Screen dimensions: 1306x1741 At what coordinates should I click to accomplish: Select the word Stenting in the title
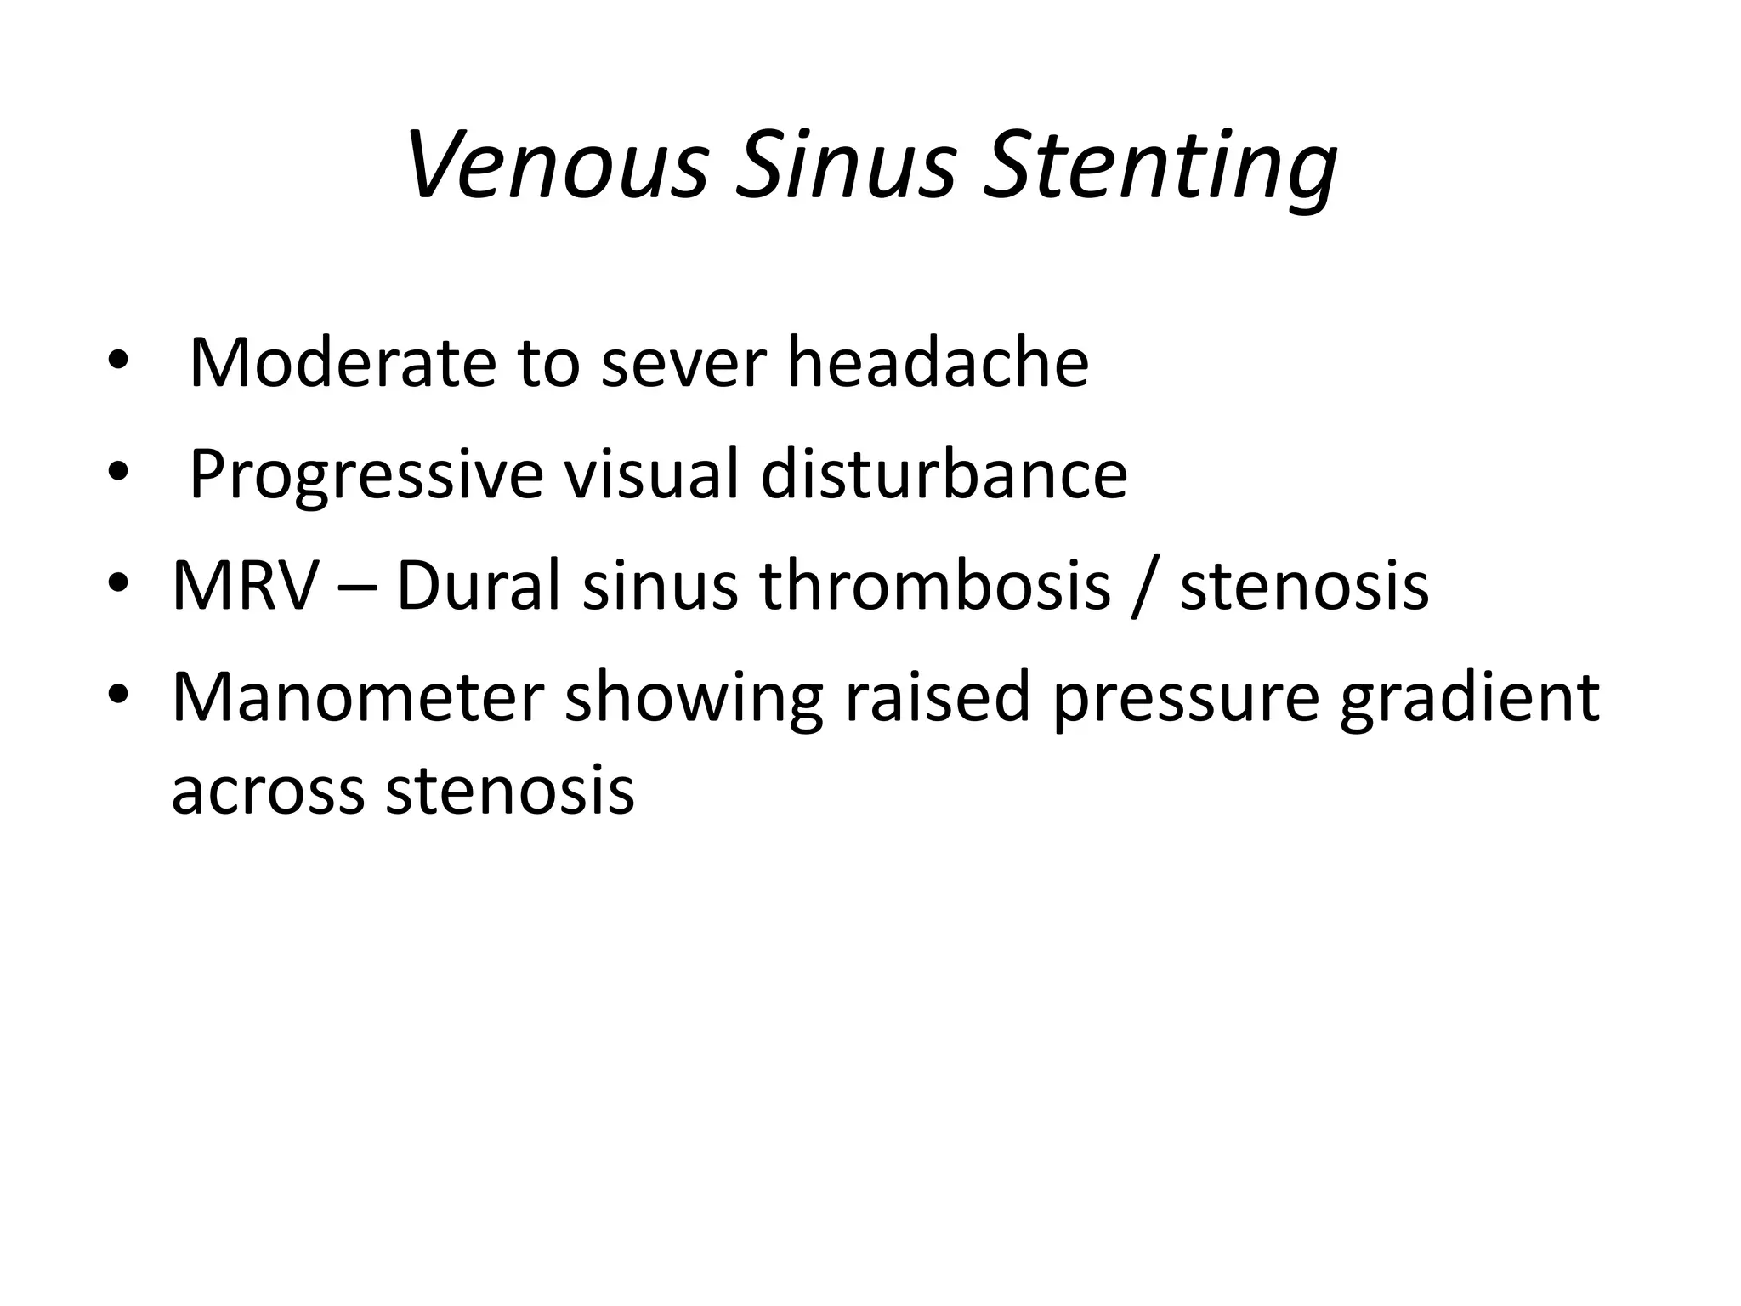1160,166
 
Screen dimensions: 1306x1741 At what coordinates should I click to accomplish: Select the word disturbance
944,474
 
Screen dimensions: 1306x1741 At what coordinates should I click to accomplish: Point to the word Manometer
357,698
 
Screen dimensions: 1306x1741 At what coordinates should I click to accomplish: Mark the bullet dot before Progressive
118,473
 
